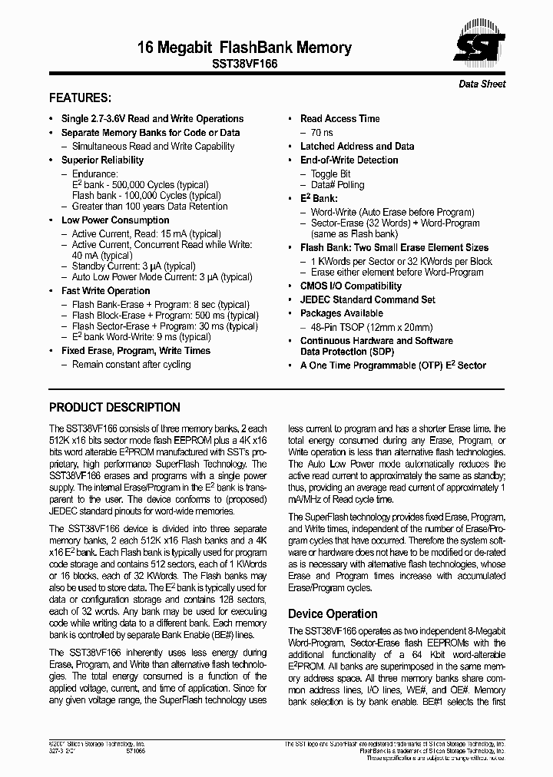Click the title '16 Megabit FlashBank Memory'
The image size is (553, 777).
[244, 48]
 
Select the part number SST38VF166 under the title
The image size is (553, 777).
[244, 66]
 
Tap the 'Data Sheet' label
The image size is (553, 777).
[482, 84]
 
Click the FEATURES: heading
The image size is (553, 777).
[81, 98]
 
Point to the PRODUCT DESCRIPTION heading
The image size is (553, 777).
[114, 408]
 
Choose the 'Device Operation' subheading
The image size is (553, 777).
[333, 613]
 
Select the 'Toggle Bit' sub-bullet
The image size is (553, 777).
[330, 174]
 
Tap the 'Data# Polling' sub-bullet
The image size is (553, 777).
[337, 185]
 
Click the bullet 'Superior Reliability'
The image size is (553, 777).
[102, 160]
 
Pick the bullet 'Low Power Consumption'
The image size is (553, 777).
[115, 220]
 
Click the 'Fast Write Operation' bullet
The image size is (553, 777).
[105, 291]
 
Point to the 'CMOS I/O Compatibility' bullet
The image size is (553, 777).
[350, 286]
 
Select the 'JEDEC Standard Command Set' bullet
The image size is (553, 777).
[367, 299]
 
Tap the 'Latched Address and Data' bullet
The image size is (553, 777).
[356, 146]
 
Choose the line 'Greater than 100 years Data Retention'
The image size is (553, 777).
[150, 207]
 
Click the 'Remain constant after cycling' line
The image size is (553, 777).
[131, 365]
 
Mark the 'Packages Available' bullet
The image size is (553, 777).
[341, 313]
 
